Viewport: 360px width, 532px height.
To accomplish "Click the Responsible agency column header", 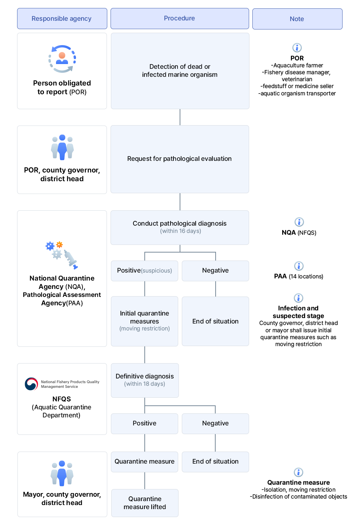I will pyautogui.click(x=62, y=19).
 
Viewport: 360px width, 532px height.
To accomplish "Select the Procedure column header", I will pyautogui.click(x=180, y=19).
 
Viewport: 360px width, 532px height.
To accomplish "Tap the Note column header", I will pyautogui.click(x=297, y=19).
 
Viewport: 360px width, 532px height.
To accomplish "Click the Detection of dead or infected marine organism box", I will pyautogui.click(x=180, y=71).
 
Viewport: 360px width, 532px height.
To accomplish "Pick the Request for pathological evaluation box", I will pyautogui.click(x=180, y=159).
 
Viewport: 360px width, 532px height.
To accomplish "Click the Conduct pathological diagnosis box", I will pyautogui.click(x=180, y=227).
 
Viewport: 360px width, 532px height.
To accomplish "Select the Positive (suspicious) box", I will pyautogui.click(x=144, y=270).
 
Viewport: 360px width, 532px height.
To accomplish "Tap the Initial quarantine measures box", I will pyautogui.click(x=144, y=321).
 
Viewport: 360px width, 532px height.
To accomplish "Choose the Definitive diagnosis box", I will pyautogui.click(x=145, y=380).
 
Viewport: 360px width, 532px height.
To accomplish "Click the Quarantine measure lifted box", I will pyautogui.click(x=145, y=503).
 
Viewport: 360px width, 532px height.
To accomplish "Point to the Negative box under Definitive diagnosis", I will pyautogui.click(x=215, y=423).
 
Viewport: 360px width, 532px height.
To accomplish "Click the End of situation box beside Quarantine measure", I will pyautogui.click(x=215, y=461).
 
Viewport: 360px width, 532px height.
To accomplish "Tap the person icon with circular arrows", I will pyautogui.click(x=62, y=59).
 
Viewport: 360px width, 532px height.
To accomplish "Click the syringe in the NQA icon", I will pyautogui.click(x=71, y=259).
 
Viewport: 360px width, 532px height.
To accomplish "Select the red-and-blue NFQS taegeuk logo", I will pyautogui.click(x=31, y=384).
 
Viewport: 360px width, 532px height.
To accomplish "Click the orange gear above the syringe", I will pyautogui.click(x=59, y=245).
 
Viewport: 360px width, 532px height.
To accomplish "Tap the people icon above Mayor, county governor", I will pyautogui.click(x=62, y=473).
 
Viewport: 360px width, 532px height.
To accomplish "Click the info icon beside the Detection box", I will pyautogui.click(x=297, y=48).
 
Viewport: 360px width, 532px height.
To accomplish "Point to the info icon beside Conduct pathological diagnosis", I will pyautogui.click(x=299, y=222).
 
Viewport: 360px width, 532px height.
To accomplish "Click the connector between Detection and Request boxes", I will pyautogui.click(x=180, y=117).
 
